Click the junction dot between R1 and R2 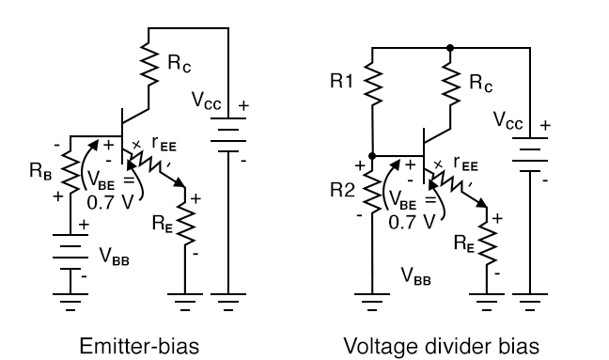(374, 155)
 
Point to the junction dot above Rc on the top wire (450, 47)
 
